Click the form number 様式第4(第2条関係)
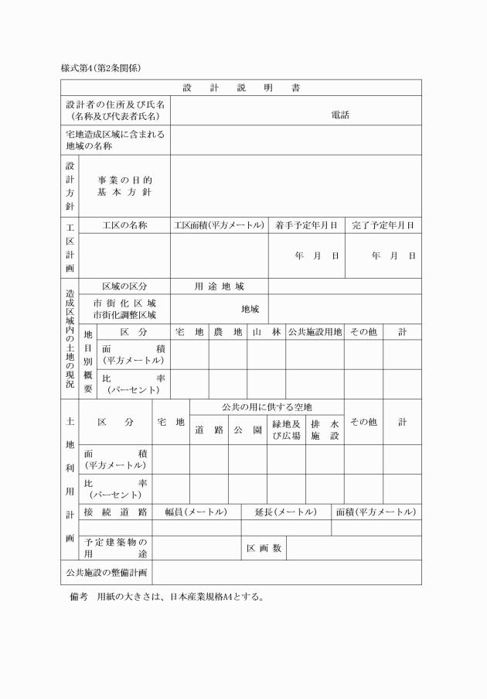pyautogui.click(x=101, y=69)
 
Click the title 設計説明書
pyautogui.click(x=241, y=87)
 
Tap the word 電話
pyautogui.click(x=340, y=115)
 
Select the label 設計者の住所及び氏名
pyautogui.click(x=117, y=105)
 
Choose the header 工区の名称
pyautogui.click(x=124, y=225)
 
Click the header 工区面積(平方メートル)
pyautogui.click(x=219, y=225)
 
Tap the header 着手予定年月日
pyautogui.click(x=306, y=225)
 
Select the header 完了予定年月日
pyautogui.click(x=383, y=225)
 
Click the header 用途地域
pyautogui.click(x=219, y=286)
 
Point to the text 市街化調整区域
pyautogui.click(x=124, y=314)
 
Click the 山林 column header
pyautogui.click(x=266, y=331)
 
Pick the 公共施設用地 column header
pyautogui.click(x=315, y=331)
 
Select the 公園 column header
pyautogui.click(x=247, y=430)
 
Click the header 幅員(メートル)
pyautogui.click(x=196, y=512)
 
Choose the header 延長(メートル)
pyautogui.click(x=285, y=512)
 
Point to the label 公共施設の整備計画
pyautogui.click(x=106, y=572)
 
